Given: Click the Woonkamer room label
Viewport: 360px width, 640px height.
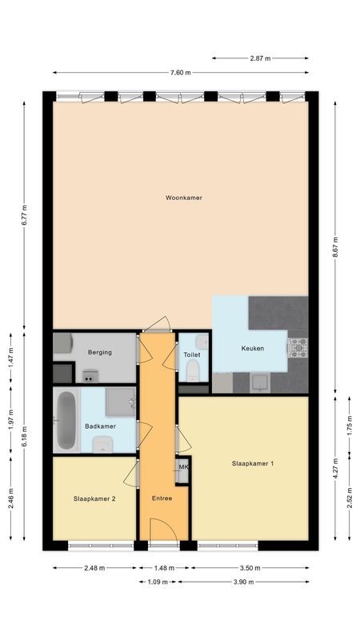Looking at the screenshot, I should [x=183, y=197].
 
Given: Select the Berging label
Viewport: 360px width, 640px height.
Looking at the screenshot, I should [x=100, y=352].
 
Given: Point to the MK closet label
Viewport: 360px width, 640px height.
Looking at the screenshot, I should [x=183, y=467].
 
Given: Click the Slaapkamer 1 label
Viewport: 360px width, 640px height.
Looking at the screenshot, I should [x=253, y=463].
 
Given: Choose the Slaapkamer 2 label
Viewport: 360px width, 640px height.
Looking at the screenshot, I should [x=94, y=498].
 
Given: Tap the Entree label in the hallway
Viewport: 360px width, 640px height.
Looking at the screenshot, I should [x=162, y=498].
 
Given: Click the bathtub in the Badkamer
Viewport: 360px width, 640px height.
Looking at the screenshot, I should [x=66, y=421].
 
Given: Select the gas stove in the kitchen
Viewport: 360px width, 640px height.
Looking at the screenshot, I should [x=298, y=348].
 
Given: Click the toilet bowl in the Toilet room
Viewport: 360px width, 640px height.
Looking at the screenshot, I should [x=193, y=370].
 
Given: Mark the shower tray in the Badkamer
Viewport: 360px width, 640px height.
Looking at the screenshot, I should [x=121, y=402].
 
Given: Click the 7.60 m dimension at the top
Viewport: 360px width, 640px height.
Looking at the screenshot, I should [x=181, y=72].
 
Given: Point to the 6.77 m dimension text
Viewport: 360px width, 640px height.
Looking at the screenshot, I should [x=24, y=214].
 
